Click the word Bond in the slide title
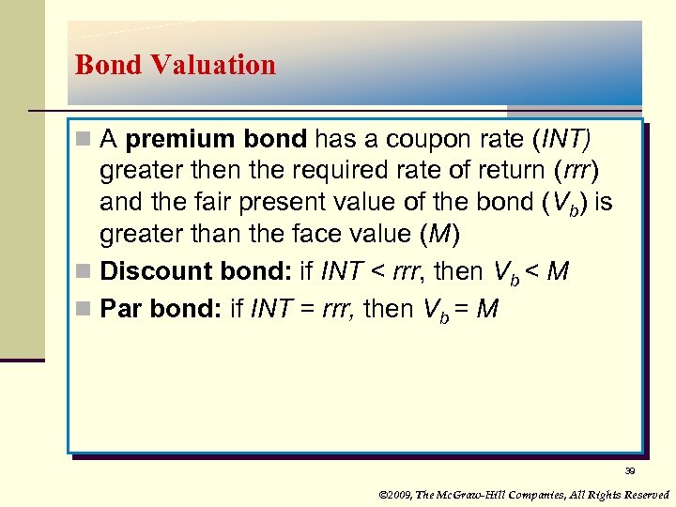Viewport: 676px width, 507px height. click(x=107, y=65)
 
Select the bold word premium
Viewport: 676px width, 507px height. click(x=169, y=140)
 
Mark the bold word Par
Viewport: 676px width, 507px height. click(x=121, y=309)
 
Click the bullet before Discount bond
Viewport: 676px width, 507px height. click(x=83, y=272)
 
